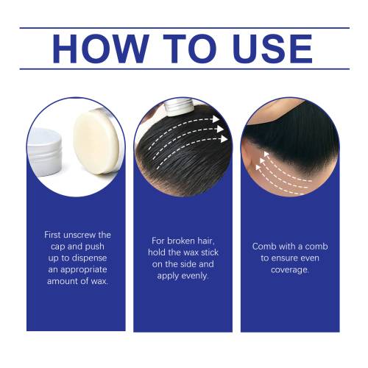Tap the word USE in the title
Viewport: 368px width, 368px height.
[x=272, y=49]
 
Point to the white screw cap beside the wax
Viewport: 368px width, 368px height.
[x=44, y=152]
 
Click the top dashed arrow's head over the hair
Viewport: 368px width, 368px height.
[x=216, y=119]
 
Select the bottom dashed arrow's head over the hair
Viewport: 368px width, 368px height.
[x=224, y=139]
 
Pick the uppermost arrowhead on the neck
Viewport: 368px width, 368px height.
[x=266, y=155]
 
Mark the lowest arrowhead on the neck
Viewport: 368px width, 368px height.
[x=258, y=168]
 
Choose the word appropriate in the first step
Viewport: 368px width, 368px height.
[x=84, y=270]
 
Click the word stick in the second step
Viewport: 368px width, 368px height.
[x=209, y=252]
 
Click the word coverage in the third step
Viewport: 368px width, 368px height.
[x=290, y=270]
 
